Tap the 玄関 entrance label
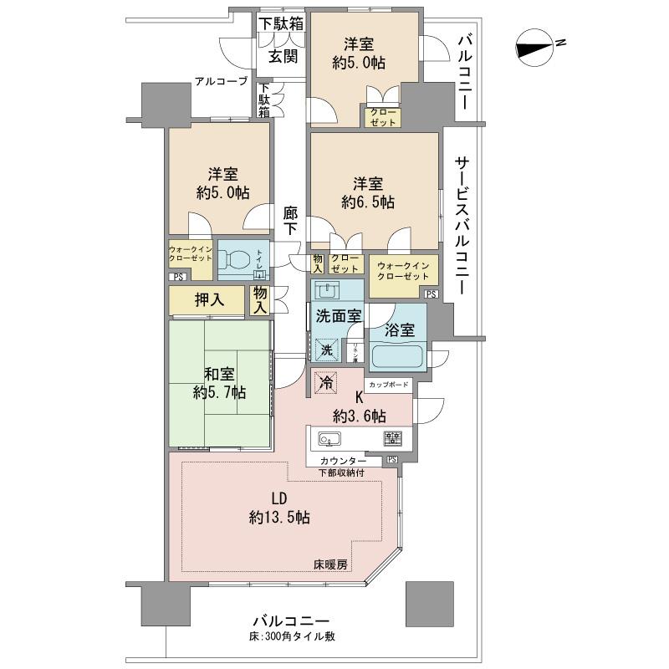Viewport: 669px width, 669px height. click(x=283, y=57)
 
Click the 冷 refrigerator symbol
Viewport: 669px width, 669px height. click(x=325, y=382)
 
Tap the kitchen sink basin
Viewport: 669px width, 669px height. click(x=327, y=439)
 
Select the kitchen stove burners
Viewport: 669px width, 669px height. click(x=393, y=438)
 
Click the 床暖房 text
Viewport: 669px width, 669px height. click(x=331, y=564)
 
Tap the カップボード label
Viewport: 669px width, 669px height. click(x=389, y=386)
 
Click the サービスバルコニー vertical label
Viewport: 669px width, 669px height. click(x=461, y=226)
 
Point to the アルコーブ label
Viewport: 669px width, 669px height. click(x=221, y=81)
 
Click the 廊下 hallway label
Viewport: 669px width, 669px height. click(x=290, y=222)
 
